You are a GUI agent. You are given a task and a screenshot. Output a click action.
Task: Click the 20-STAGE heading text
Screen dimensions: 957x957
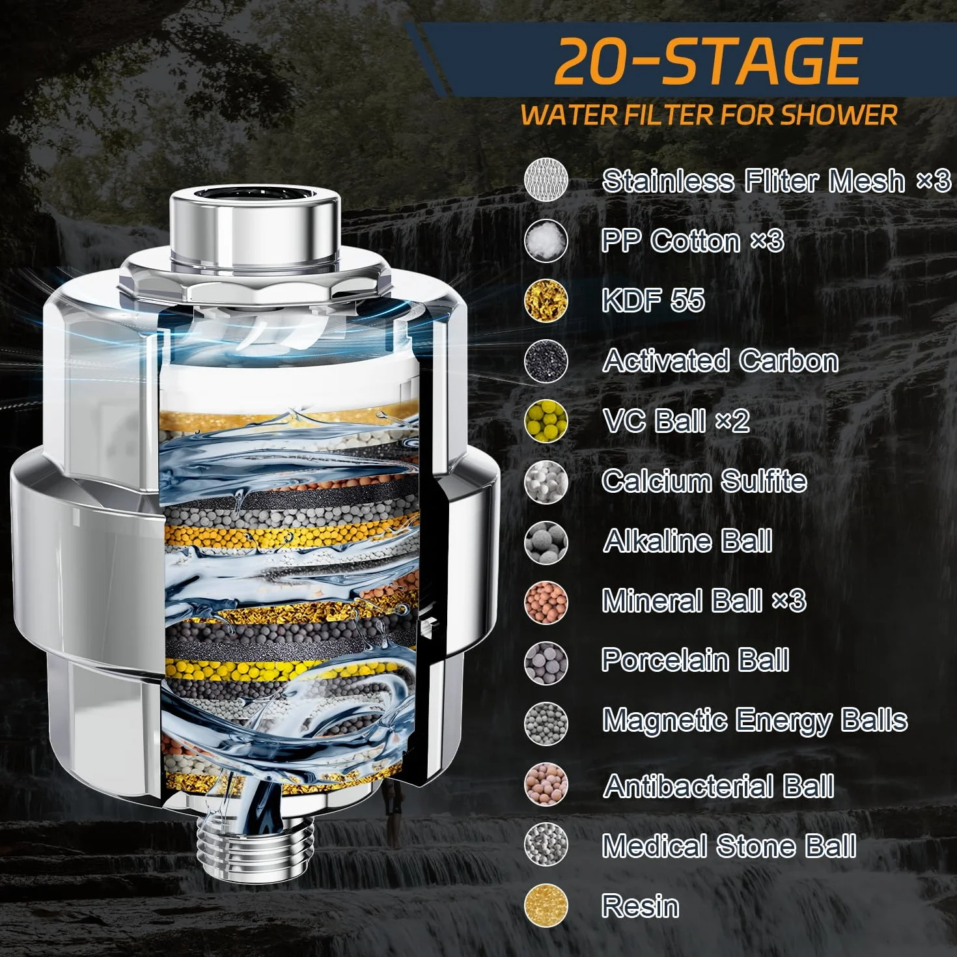[x=707, y=62]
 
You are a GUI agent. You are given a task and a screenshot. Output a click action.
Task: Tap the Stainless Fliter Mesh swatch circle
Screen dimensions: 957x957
[x=546, y=180]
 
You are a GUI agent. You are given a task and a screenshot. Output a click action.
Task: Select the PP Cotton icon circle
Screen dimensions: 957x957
[x=546, y=240]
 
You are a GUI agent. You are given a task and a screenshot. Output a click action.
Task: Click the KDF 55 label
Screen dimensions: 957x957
[x=653, y=300]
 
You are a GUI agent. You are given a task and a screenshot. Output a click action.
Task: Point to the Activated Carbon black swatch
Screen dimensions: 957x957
[x=546, y=361]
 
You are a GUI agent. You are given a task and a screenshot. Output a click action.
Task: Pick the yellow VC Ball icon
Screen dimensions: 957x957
[x=546, y=422]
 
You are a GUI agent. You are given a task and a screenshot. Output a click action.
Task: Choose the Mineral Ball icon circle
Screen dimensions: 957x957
[x=546, y=602]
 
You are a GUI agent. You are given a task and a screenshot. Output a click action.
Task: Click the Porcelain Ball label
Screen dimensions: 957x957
[x=695, y=660]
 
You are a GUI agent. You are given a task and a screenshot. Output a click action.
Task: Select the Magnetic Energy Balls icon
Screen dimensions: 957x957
[x=546, y=723]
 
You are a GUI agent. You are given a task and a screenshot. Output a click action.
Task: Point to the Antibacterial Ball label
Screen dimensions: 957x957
[x=719, y=786]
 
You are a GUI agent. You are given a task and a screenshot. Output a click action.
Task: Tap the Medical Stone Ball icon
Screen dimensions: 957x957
[x=546, y=845]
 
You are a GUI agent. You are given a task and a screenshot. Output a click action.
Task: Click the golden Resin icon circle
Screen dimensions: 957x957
[x=546, y=906]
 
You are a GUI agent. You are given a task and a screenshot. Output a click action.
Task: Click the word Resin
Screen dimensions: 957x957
[x=640, y=906]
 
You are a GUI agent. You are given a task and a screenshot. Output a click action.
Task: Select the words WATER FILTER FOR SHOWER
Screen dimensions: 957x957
[x=709, y=115]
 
